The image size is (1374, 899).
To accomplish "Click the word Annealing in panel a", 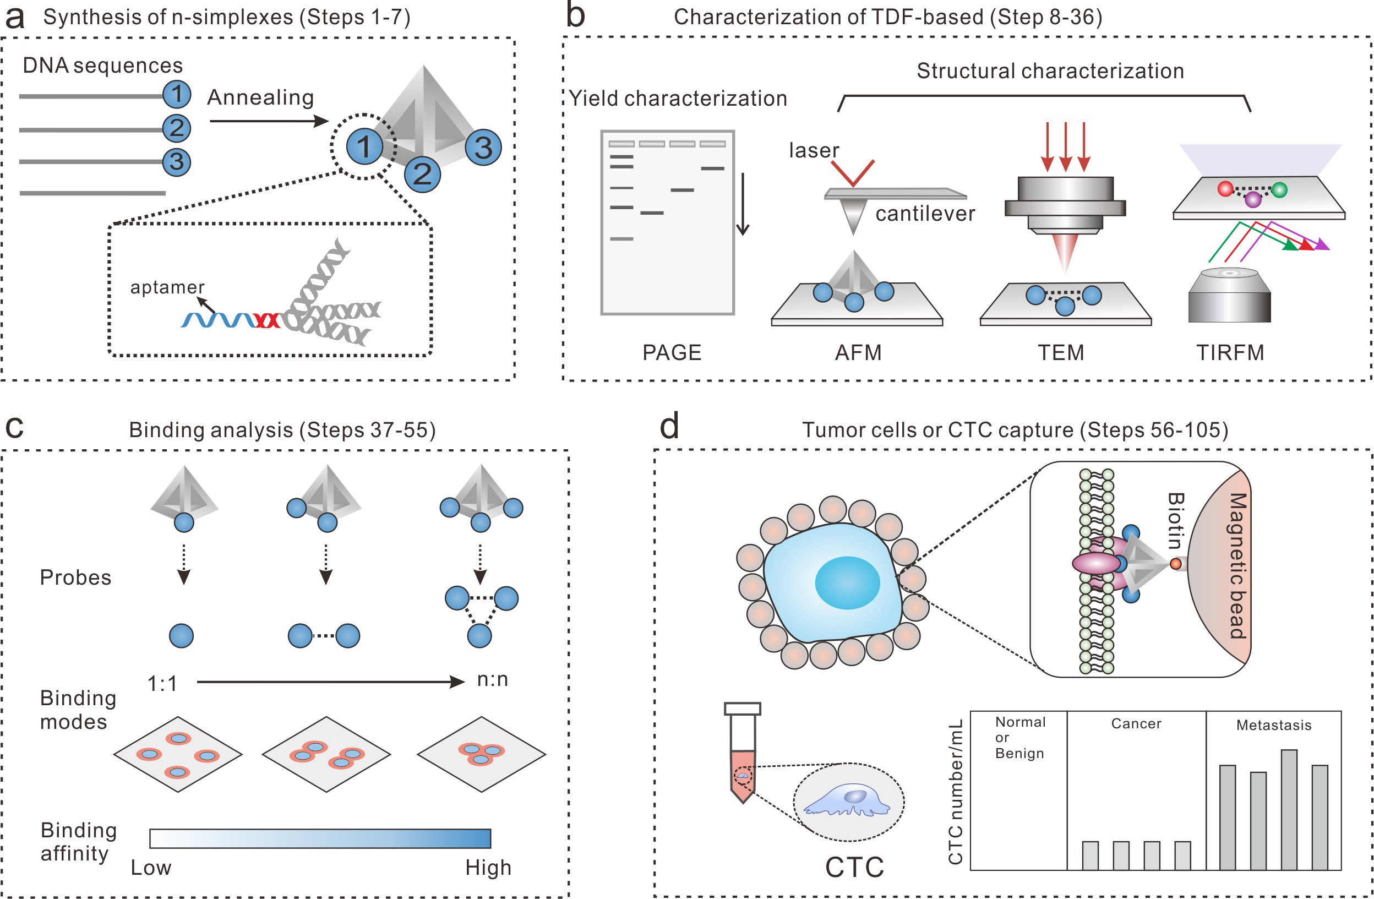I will (x=260, y=97).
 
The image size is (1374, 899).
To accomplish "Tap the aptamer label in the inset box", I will (x=167, y=287).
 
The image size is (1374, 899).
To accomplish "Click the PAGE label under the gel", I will (x=672, y=352).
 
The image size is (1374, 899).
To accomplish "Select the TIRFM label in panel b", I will (x=1230, y=352).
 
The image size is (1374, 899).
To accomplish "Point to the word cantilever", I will (x=925, y=214).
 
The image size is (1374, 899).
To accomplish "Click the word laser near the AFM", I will (x=814, y=150).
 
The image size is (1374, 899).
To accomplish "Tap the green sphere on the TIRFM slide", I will (x=1279, y=189).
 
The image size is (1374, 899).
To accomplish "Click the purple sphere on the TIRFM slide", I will (x=1252, y=200).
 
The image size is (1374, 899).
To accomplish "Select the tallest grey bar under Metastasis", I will (x=1289, y=808).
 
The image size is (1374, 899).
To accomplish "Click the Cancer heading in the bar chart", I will (x=1136, y=723).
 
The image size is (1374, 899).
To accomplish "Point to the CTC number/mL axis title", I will (x=956, y=791).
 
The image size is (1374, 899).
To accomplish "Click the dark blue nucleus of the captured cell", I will (x=847, y=582).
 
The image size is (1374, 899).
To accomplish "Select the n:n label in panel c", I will (x=493, y=679).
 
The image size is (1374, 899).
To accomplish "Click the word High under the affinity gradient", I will (x=488, y=867).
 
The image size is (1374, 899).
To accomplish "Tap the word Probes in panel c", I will (x=75, y=577).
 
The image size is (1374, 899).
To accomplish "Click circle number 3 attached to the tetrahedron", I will (x=483, y=148).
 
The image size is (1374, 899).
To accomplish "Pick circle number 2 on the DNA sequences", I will (x=177, y=128).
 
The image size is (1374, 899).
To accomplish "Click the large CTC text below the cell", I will (x=854, y=867).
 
